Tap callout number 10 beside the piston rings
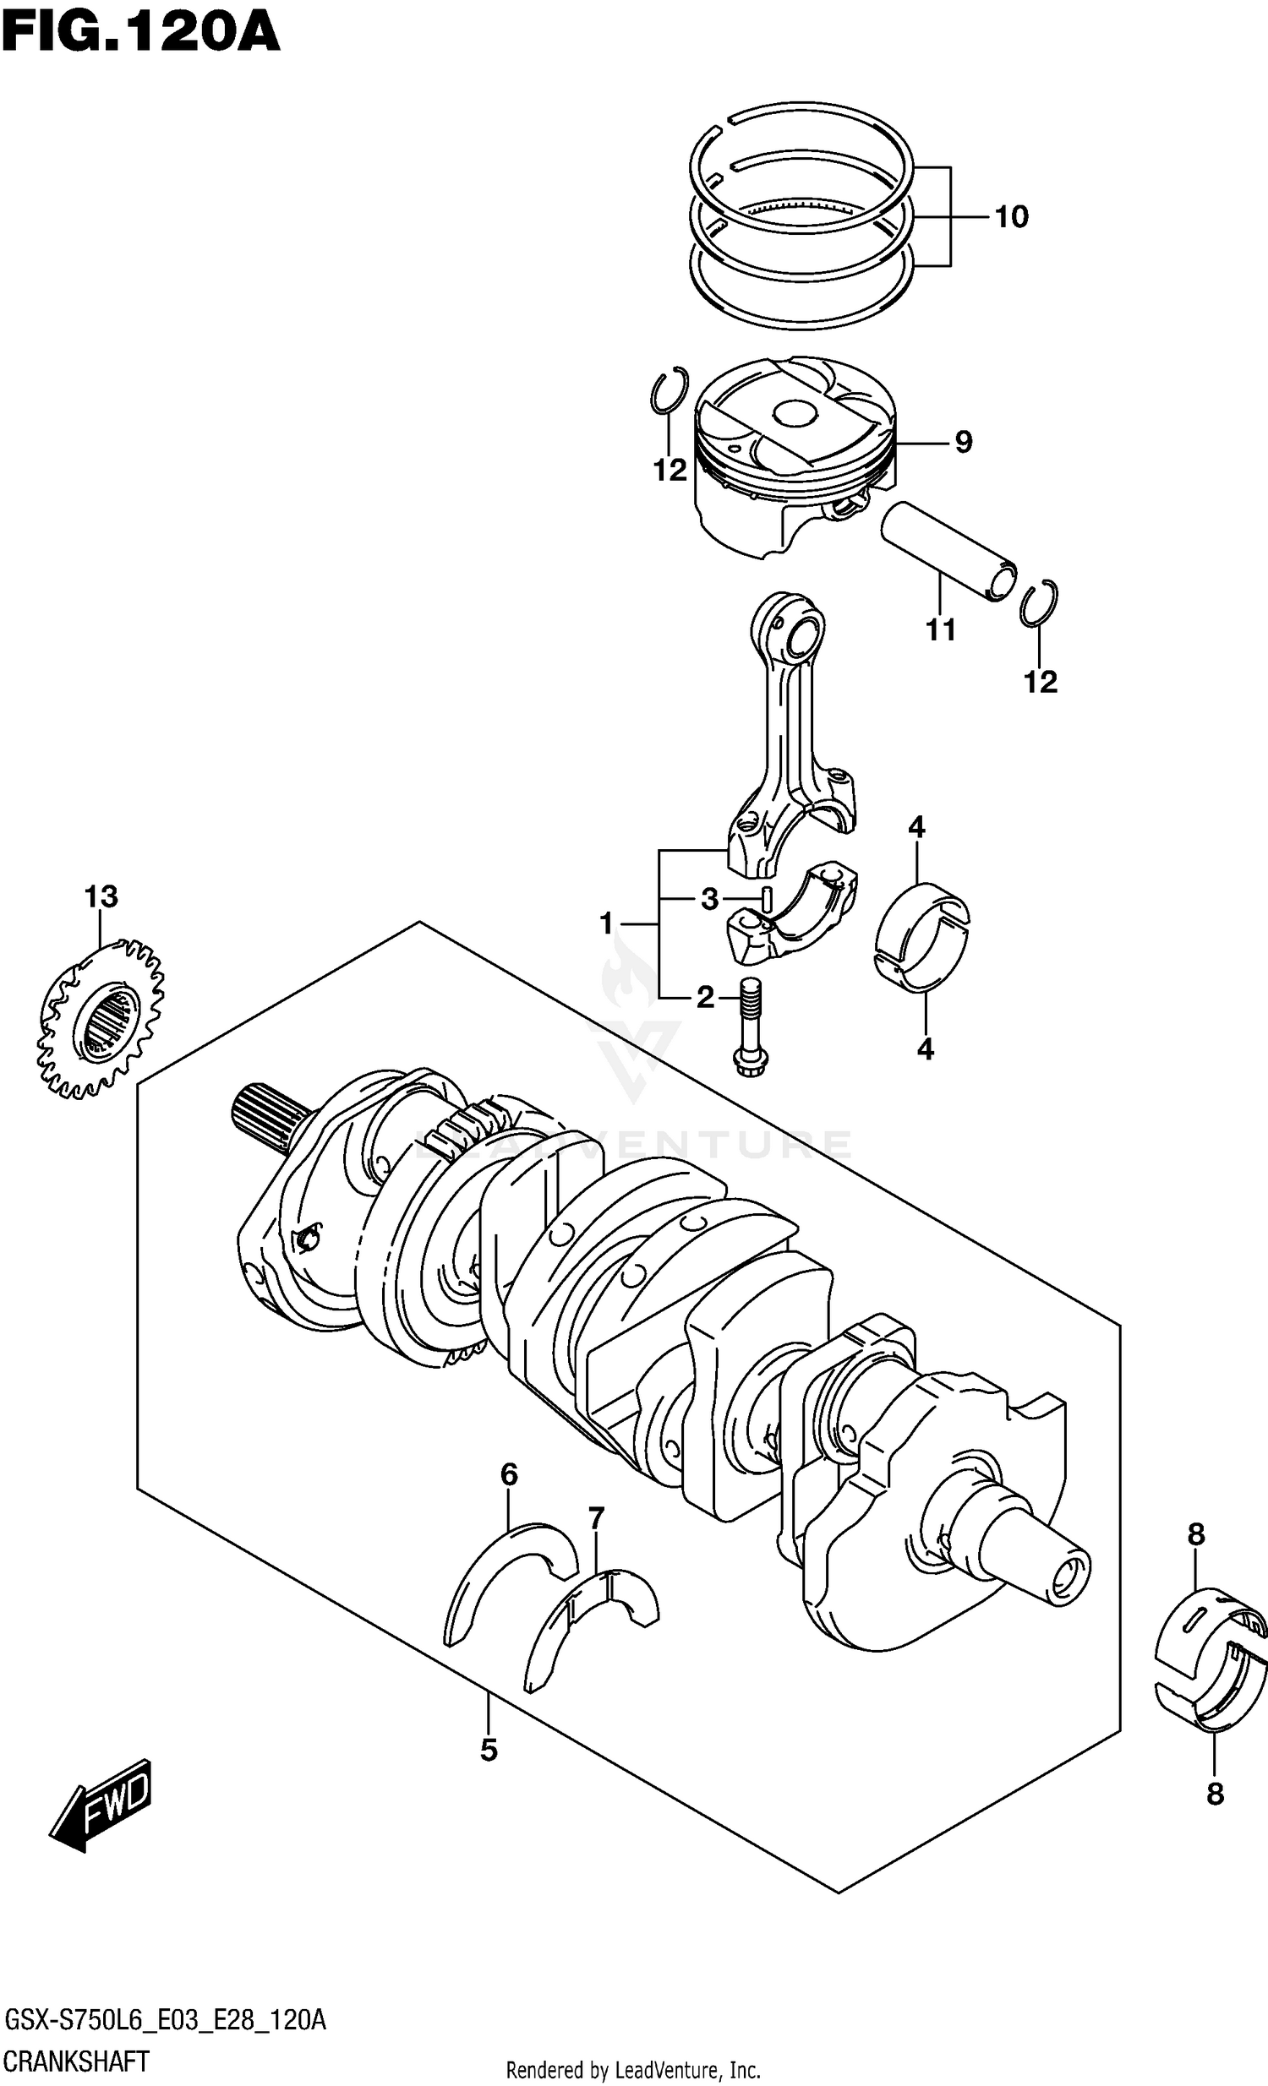pyautogui.click(x=1010, y=217)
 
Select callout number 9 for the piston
pyautogui.click(x=963, y=442)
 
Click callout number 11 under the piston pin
pyautogui.click(x=940, y=629)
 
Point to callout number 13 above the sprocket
pyautogui.click(x=101, y=896)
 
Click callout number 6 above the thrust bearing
pyautogui.click(x=508, y=1475)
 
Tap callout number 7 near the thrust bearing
pyautogui.click(x=596, y=1518)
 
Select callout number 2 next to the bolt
pyautogui.click(x=705, y=998)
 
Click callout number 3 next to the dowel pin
pyautogui.click(x=709, y=898)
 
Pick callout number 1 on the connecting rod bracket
pyautogui.click(x=605, y=923)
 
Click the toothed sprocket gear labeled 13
pyautogui.click(x=101, y=1020)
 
